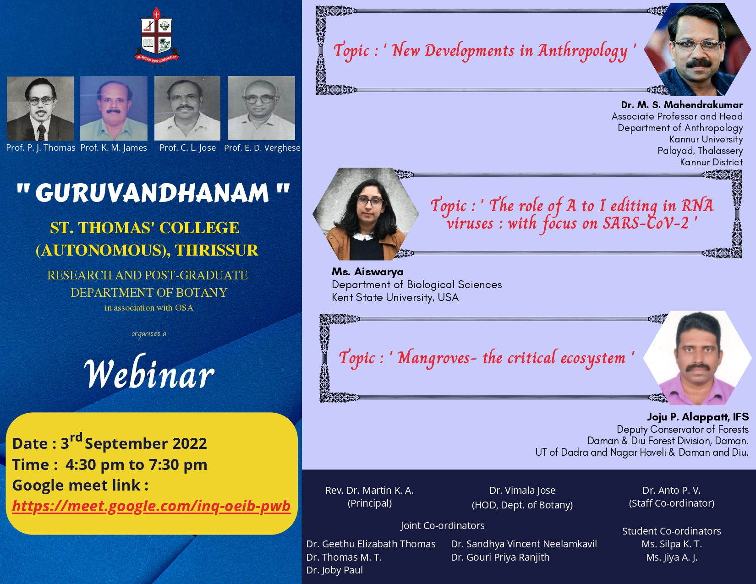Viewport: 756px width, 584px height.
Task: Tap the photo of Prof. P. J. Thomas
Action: [x=40, y=109]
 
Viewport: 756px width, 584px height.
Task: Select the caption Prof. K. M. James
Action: [x=114, y=148]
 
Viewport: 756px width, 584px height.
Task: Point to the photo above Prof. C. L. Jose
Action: [x=187, y=108]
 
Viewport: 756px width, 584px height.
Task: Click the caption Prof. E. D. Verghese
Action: [x=262, y=148]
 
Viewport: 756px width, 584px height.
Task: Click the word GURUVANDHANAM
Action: [x=152, y=193]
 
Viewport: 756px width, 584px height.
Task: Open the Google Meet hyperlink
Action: [x=151, y=506]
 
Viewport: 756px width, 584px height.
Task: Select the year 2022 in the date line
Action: [x=190, y=443]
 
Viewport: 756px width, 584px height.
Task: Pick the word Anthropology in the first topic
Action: [x=583, y=51]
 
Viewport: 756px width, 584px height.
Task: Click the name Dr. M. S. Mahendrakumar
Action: [x=682, y=105]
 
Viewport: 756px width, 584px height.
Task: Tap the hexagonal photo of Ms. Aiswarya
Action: [x=366, y=214]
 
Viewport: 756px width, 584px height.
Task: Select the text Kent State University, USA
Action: [x=395, y=297]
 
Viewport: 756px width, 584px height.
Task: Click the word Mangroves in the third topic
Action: [x=434, y=358]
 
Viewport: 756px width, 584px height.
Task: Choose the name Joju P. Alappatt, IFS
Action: [x=698, y=417]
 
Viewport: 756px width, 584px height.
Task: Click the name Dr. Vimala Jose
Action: [x=522, y=491]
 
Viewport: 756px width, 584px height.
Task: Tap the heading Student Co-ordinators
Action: [x=671, y=531]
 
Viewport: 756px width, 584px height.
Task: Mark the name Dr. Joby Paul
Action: [x=334, y=570]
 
